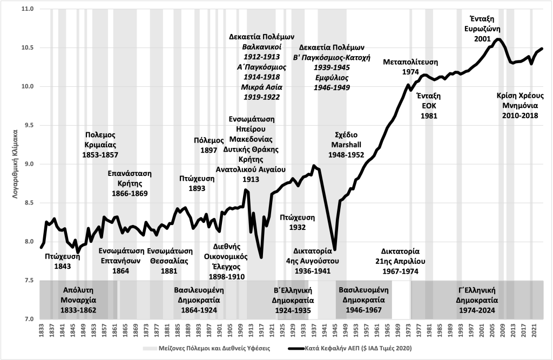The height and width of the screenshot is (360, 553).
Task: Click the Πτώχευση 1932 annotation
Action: pos(298,222)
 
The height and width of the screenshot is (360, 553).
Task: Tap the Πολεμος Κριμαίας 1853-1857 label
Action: pos(100,145)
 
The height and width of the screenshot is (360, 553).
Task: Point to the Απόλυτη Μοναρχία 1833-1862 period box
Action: pos(80,300)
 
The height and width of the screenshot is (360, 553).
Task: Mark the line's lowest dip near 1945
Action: pos(335,249)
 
